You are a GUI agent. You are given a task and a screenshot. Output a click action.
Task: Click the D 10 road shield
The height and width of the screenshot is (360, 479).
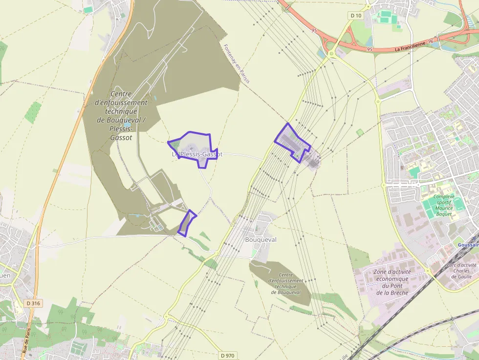click(356, 16)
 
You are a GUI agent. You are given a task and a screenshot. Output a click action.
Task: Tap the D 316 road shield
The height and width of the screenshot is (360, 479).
click(33, 303)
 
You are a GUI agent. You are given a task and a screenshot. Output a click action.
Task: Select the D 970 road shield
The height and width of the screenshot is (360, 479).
click(228, 355)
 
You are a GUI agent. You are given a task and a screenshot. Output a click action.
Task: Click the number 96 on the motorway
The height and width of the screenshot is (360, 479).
click(430, 42)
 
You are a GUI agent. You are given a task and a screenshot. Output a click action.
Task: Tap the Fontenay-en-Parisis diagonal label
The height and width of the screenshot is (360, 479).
click(237, 64)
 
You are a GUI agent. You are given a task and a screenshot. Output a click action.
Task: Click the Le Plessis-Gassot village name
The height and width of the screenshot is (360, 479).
click(197, 154)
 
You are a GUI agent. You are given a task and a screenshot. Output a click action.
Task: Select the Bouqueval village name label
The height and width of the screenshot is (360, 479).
click(261, 240)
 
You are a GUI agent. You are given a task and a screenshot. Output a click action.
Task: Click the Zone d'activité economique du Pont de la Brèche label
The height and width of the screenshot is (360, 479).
click(392, 282)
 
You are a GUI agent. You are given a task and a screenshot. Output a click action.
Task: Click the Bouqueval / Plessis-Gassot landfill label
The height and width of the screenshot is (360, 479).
click(121, 116)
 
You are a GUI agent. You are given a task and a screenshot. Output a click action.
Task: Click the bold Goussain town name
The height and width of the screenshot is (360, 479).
click(468, 245)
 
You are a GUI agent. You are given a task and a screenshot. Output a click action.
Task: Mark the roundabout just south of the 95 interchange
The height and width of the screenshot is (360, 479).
click(331, 52)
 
